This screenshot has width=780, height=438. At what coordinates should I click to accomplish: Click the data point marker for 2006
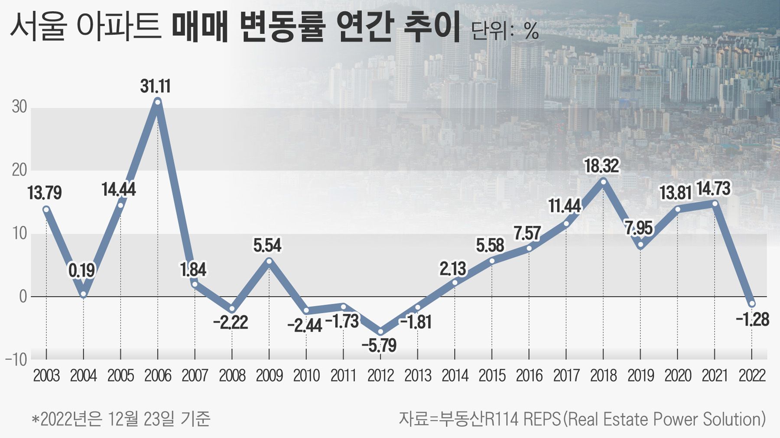pos(158,102)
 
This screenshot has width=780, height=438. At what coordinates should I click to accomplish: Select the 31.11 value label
pos(155,86)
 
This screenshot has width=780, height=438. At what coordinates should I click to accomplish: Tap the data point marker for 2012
pos(380,332)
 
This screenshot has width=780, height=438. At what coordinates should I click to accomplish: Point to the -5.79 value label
pos(379,345)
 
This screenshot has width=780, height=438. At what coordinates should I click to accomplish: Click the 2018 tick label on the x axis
pos(603,375)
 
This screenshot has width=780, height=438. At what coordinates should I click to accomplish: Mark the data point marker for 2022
pos(752,304)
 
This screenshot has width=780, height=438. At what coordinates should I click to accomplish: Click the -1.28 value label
pos(752,319)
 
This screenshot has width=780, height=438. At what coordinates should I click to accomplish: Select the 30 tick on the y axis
pos(19,107)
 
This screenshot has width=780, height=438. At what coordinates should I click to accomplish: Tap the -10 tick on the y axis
pos(16,360)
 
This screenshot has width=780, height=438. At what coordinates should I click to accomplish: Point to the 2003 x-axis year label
pos(46,375)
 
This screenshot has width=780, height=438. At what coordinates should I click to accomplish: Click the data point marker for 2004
pos(83,294)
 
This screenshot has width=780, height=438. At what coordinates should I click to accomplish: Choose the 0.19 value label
pos(81,271)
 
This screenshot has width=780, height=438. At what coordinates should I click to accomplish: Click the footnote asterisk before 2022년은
pos(36,419)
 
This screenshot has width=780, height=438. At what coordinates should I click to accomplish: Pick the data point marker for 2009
pos(269,261)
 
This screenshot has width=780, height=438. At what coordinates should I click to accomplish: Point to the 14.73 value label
pos(713,188)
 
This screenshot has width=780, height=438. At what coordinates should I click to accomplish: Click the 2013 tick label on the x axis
pos(418,375)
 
